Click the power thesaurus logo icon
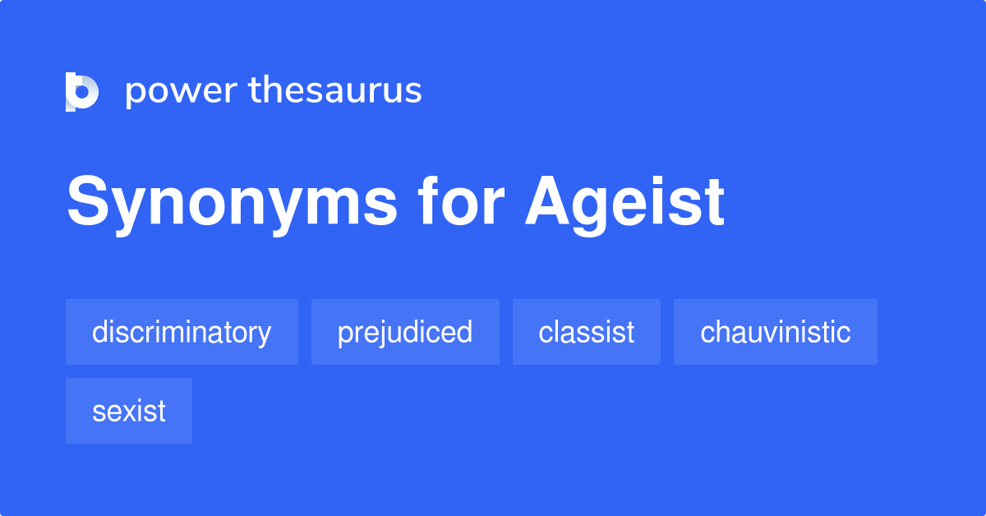pos(82,91)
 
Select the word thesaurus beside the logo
pos(335,90)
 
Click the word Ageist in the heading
pos(624,202)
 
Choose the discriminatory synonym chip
pos(182,332)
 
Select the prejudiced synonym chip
pos(405,332)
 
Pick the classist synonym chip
pos(587,332)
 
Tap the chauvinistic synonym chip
pos(776,332)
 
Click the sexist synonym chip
pos(129,411)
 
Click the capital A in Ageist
pos(548,202)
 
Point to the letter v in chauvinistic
pos(769,333)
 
